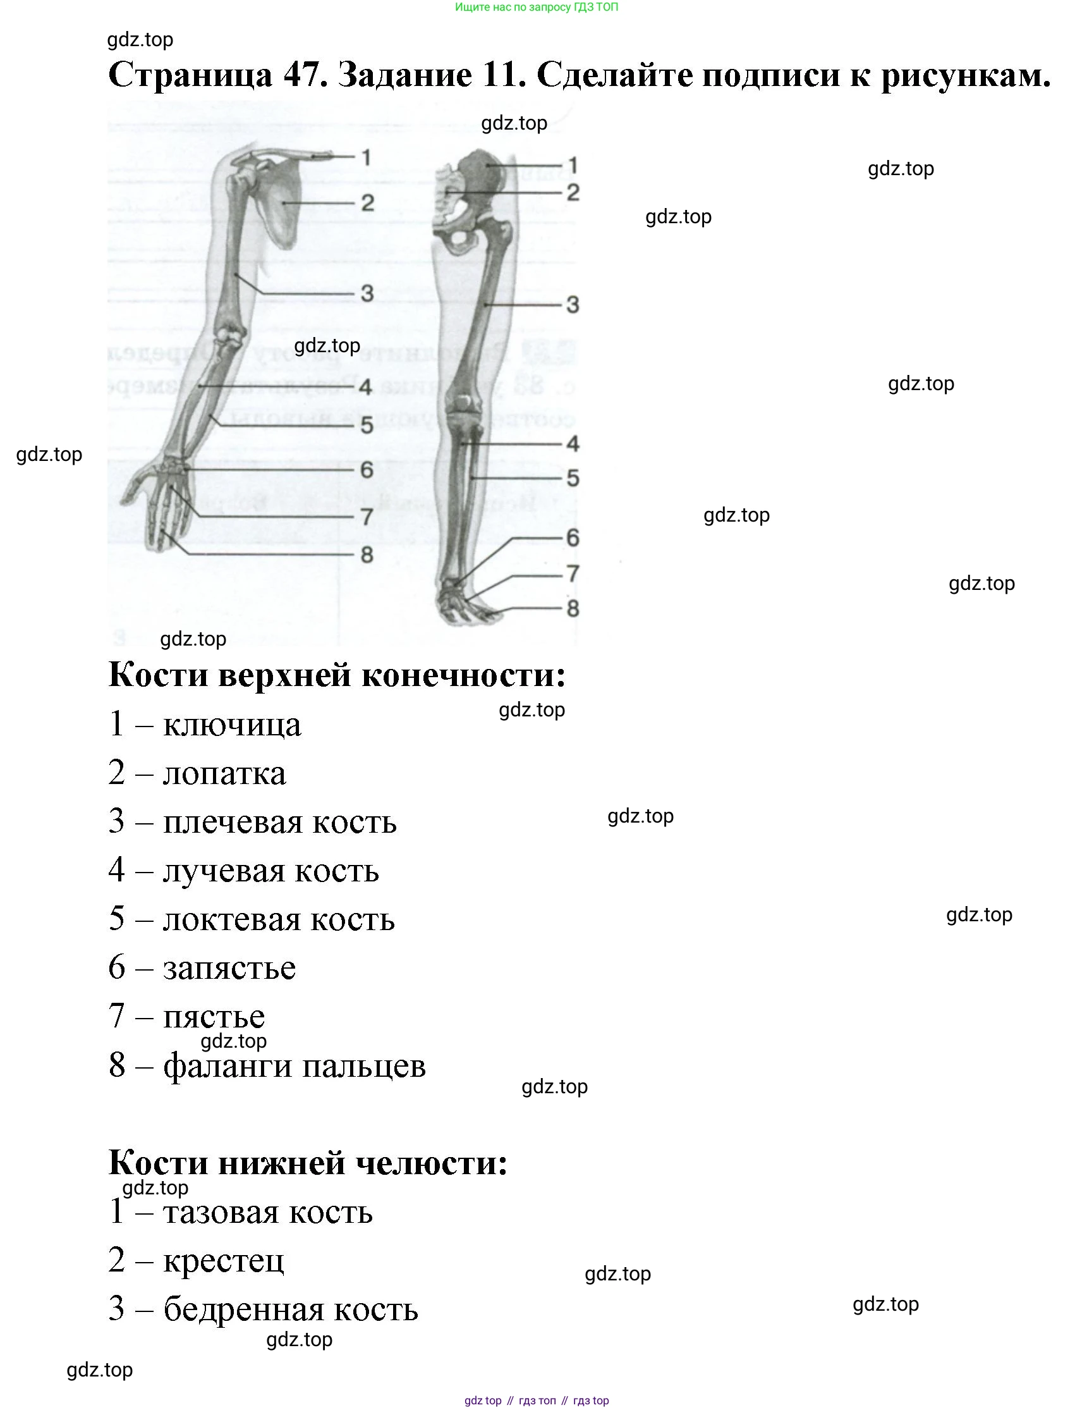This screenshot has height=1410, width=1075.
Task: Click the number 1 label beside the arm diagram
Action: coord(366,157)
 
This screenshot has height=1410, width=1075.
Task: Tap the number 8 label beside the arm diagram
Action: coord(367,555)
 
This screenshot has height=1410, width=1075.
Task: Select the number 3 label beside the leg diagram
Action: coord(573,305)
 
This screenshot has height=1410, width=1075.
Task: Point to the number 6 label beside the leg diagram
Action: coord(573,537)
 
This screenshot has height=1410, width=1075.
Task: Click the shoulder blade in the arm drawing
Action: coord(282,205)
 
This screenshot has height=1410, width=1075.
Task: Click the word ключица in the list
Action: coord(232,725)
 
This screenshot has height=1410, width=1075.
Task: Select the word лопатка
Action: coord(224,774)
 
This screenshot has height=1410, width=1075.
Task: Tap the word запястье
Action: coord(229,969)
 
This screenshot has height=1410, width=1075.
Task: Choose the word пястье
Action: coord(214,1017)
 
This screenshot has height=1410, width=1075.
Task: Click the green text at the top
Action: coord(536,7)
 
